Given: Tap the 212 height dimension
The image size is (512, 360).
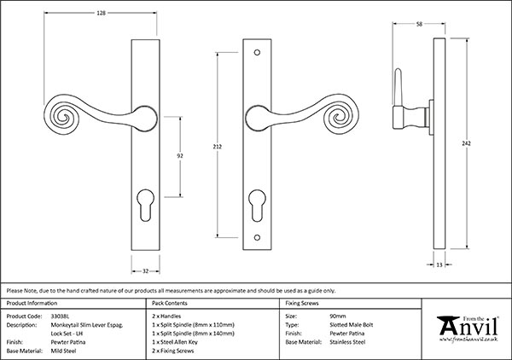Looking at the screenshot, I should coord(219,148).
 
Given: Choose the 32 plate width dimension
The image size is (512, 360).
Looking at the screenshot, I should coord(147,270).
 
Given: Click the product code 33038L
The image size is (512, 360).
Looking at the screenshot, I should coord(67,315).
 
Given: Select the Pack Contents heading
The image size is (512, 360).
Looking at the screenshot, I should coord(169,303).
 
